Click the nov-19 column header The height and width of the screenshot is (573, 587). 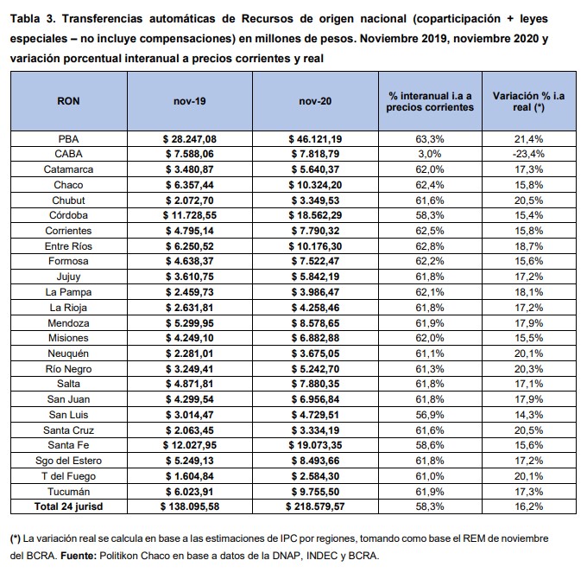click(189, 101)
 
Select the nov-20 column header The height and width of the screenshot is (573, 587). click(315, 101)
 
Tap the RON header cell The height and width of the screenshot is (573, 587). click(68, 101)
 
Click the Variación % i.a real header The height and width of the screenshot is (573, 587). click(528, 102)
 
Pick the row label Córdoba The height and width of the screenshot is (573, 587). click(68, 215)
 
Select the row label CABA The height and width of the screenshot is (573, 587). click(68, 154)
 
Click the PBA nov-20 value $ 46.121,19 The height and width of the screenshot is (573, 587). click(315, 139)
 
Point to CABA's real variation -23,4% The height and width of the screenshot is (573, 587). click(528, 154)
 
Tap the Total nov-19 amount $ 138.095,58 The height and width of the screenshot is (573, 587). click(190, 506)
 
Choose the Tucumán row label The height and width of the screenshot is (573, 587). click(68, 491)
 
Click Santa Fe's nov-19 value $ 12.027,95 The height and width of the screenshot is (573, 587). click(190, 445)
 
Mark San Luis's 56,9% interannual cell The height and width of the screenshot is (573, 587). click(430, 415)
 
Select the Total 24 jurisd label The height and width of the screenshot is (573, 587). click(68, 506)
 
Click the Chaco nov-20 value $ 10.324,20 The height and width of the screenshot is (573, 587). click(315, 185)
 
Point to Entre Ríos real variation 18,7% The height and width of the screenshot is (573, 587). click(528, 246)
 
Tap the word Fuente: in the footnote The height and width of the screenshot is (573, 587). click(79, 556)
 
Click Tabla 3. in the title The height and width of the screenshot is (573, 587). click(33, 19)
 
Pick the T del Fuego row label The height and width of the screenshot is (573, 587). click(68, 476)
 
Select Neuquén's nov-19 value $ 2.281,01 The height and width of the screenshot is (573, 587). click(190, 353)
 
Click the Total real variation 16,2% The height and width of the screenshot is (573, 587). click(528, 506)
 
